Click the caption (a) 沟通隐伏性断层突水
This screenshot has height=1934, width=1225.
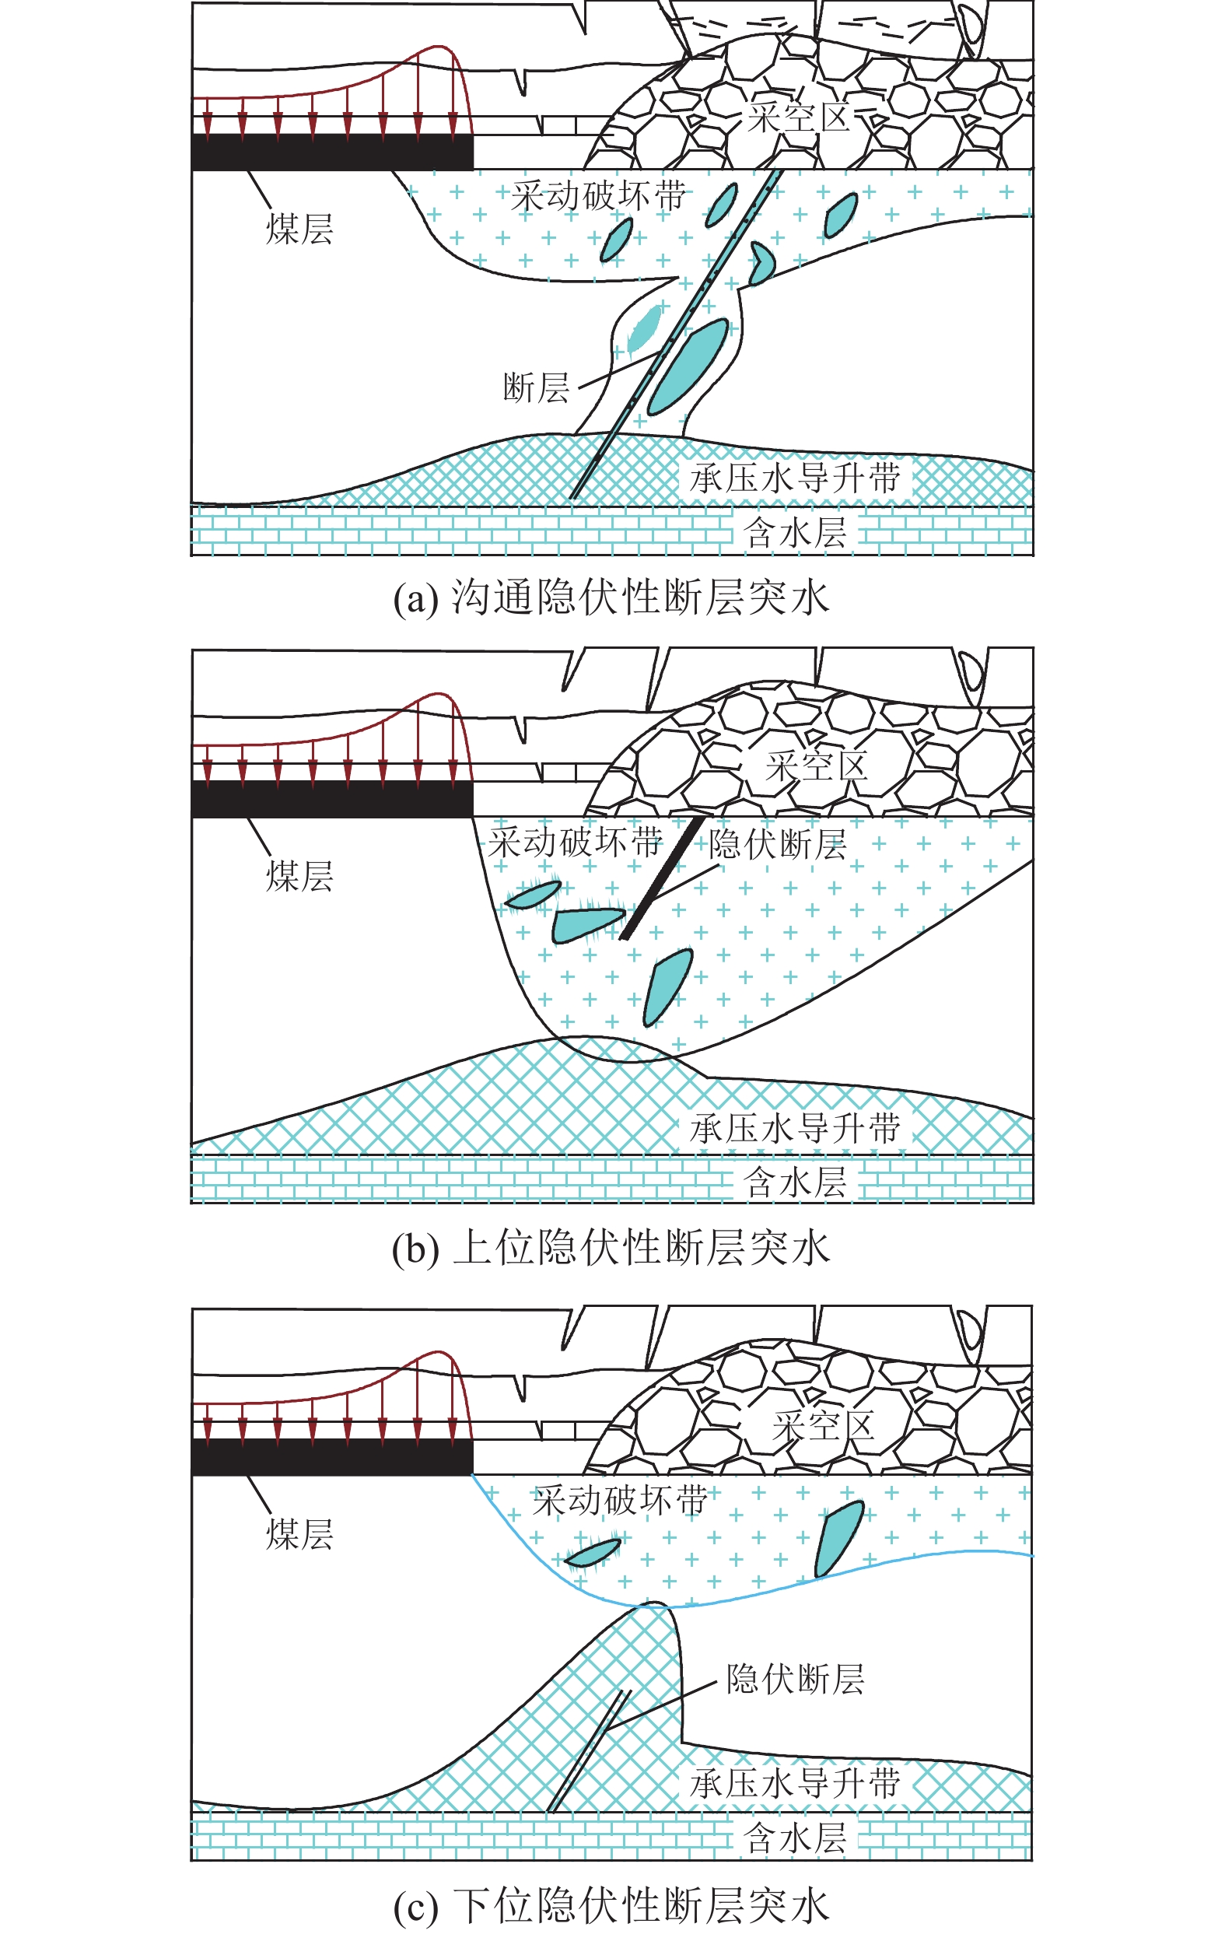click(x=611, y=598)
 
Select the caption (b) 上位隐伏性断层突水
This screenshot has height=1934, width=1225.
click(x=611, y=1248)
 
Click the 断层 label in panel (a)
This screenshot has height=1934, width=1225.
click(x=535, y=389)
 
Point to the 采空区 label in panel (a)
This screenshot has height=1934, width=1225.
click(x=798, y=117)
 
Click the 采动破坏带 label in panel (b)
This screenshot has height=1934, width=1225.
click(x=576, y=843)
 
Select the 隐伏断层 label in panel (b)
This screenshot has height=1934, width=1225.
click(x=777, y=844)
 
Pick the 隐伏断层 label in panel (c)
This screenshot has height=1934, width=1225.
click(x=795, y=1680)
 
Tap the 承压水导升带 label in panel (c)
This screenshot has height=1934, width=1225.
click(x=795, y=1784)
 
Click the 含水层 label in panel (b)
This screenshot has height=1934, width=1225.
click(x=795, y=1183)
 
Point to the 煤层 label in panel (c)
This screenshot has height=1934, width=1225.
click(x=299, y=1534)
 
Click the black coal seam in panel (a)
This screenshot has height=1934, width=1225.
click(x=331, y=152)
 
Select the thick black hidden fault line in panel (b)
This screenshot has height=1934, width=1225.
click(x=663, y=878)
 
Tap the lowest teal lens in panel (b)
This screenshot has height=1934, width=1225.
click(x=667, y=987)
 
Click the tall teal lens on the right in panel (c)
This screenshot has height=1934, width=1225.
click(x=838, y=1537)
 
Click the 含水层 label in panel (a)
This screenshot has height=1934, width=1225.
click(x=795, y=532)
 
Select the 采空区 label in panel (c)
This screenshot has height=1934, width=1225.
click(x=822, y=1427)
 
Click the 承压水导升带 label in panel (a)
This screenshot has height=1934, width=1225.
click(x=795, y=478)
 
